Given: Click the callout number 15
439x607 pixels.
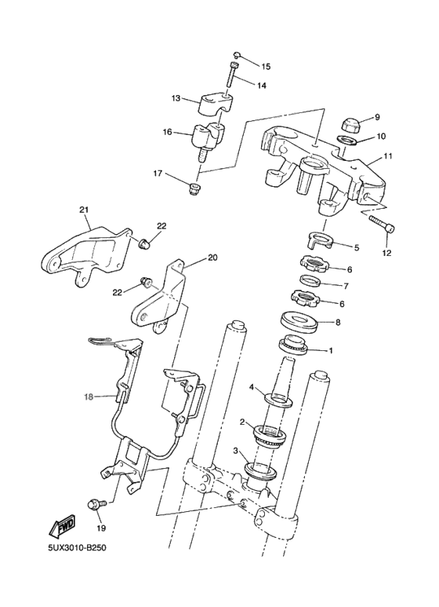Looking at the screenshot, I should coord(265,67).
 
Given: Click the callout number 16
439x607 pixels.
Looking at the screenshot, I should coord(167,133).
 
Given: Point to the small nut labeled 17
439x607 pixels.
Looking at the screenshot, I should coord(193,188).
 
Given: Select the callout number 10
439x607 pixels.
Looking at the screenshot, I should coord(382,137).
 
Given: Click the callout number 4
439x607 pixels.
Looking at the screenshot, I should coord(252,387).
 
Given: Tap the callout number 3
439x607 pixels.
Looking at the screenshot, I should coord(235,452).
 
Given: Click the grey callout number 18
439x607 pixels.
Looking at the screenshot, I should coord(89,397).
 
